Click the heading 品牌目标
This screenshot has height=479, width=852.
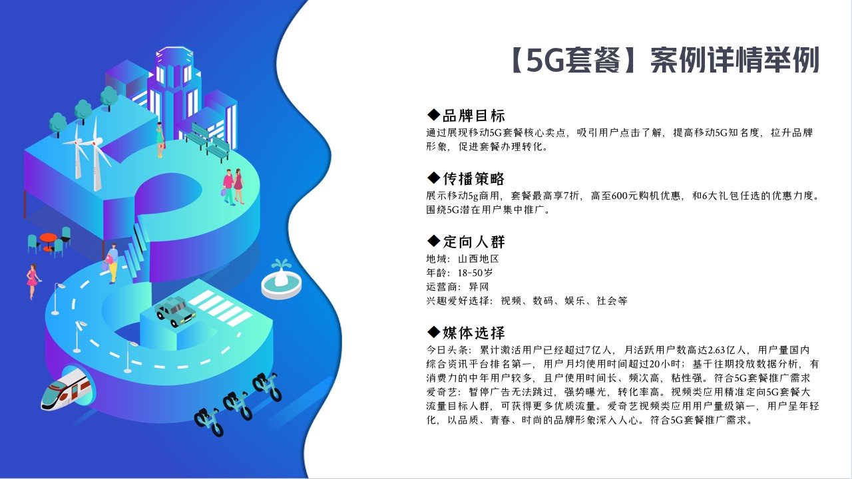tap(473, 116)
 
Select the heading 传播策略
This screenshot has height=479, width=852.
tap(473, 178)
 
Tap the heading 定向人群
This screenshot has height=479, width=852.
tap(473, 241)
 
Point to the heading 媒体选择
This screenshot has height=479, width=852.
tap(473, 333)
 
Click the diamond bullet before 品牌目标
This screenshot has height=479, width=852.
tap(433, 114)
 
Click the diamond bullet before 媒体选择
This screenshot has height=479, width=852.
tap(433, 331)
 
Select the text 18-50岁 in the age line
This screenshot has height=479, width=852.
tap(475, 273)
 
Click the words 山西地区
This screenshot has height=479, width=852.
tap(479, 259)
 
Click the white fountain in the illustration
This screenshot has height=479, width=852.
tap(282, 279)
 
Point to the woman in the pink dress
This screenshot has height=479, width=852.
tap(33, 281)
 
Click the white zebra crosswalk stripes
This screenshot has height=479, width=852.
tap(220, 308)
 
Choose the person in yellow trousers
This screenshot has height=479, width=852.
tap(112, 263)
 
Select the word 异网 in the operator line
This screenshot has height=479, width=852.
tap(479, 287)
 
